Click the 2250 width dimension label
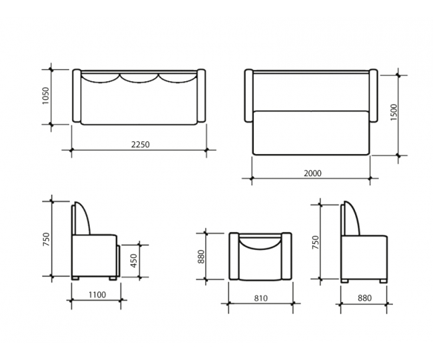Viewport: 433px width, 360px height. (140, 145)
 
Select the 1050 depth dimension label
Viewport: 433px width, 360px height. (45, 95)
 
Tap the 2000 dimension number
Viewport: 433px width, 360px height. (312, 173)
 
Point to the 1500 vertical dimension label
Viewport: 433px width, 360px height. (394, 112)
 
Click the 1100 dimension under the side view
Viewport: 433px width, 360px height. (97, 295)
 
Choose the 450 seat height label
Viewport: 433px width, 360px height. (133, 261)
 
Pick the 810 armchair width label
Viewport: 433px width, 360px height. (260, 299)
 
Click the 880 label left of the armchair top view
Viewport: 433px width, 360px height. (201, 257)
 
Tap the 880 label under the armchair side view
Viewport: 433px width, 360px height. (364, 298)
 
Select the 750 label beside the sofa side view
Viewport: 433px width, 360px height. (46, 239)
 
